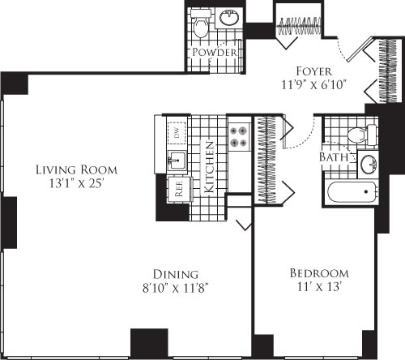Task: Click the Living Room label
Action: point(76,169)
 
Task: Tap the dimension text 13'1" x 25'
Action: point(76,183)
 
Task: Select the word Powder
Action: point(215,53)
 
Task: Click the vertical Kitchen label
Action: point(208,165)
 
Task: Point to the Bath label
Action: point(333,156)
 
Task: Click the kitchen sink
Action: point(173,160)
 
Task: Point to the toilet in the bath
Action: point(356,135)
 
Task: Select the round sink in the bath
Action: point(368,164)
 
